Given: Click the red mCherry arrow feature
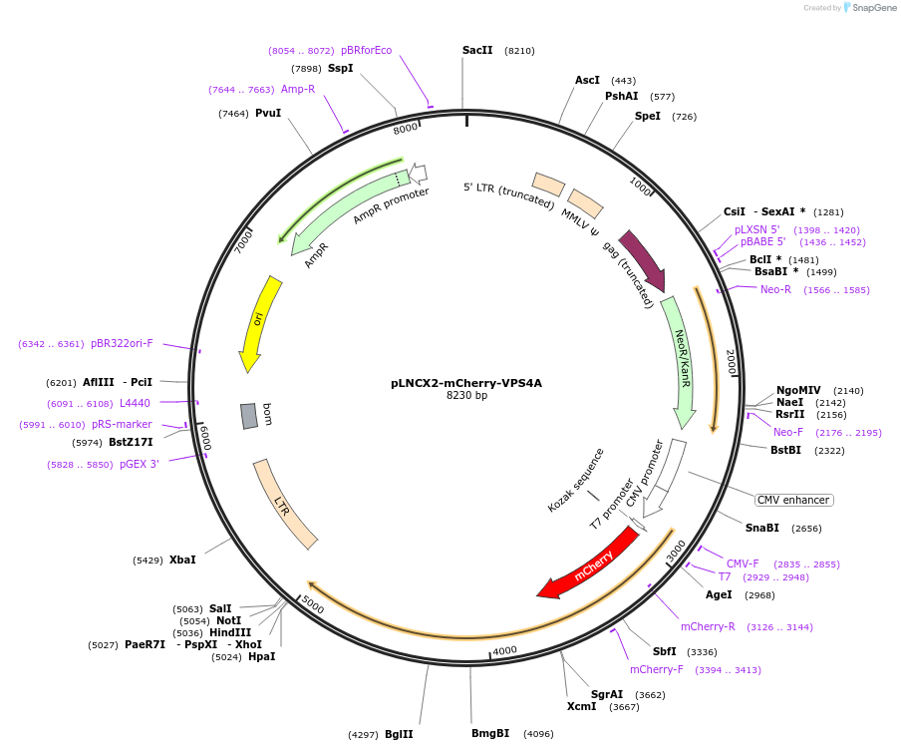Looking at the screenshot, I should click(590, 563).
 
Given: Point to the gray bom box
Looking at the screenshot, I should click(249, 416).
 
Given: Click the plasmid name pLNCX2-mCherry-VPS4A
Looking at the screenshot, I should click(466, 382).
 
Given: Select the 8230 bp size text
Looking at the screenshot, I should click(466, 396).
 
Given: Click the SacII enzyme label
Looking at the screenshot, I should click(477, 50).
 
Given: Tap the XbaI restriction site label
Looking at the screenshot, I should click(182, 560).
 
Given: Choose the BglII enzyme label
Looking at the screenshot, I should click(399, 734).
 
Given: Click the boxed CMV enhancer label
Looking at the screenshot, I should click(793, 500).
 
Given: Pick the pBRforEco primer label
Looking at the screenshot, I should click(366, 50).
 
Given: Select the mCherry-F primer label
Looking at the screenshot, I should click(656, 669).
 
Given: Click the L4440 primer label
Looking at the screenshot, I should click(135, 403).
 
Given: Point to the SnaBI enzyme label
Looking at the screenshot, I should click(762, 528).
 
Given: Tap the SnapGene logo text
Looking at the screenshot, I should click(874, 8).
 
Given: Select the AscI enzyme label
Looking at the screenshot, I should click(587, 80).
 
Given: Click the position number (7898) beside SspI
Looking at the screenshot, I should click(306, 68).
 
